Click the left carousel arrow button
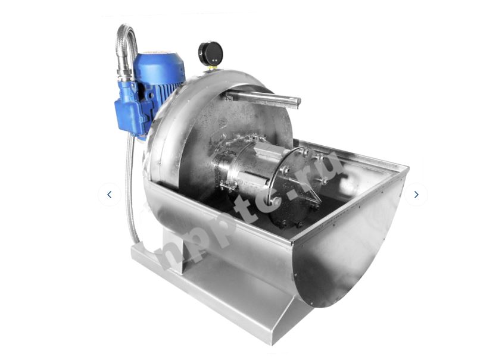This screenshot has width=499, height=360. pos(110,195)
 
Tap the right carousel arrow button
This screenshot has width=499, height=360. pos(416,195)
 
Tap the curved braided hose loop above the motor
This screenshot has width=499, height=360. pos(127,38)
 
